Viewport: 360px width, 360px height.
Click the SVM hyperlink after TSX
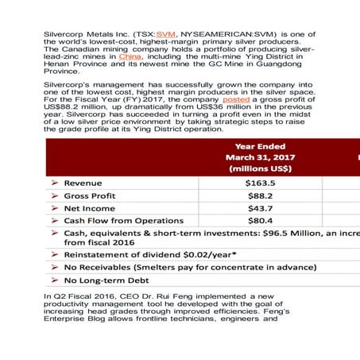(165, 36)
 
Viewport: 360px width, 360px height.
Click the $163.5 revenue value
(260, 182)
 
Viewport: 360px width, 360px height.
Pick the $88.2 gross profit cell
(260, 195)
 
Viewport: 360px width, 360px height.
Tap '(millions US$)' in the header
(260, 168)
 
